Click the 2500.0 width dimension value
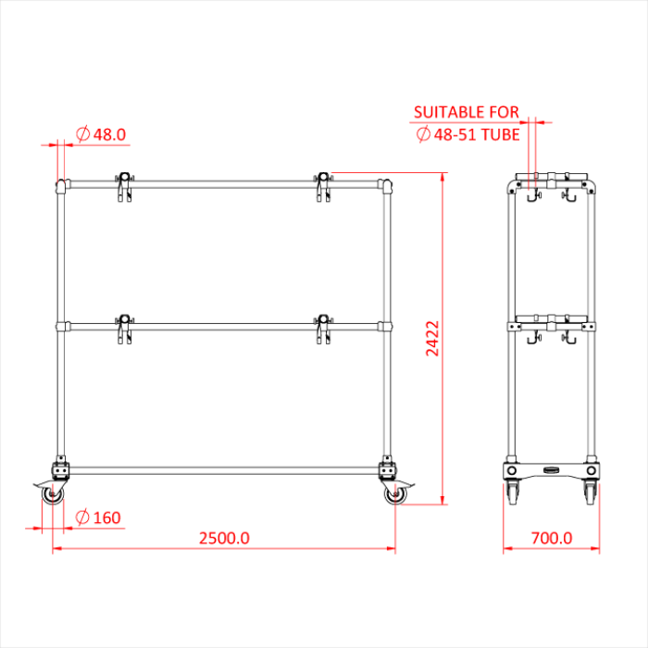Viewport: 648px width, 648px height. (224, 538)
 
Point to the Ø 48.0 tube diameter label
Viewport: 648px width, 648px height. (101, 134)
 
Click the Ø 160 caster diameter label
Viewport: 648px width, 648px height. (98, 517)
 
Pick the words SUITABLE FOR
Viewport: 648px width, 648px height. (467, 112)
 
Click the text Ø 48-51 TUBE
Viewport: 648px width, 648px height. (467, 134)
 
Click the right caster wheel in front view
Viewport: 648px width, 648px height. (395, 495)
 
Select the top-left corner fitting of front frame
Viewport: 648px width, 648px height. (63, 185)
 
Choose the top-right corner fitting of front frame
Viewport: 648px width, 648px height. (386, 185)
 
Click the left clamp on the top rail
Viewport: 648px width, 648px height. (123, 185)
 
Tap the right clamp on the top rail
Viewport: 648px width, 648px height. (323, 184)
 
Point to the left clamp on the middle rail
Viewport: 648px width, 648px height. (123, 328)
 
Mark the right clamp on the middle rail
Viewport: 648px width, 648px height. (323, 328)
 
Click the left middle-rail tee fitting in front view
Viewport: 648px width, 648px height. (63, 327)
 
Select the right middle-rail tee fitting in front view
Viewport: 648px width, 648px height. (386, 327)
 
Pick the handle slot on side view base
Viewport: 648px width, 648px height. (551, 470)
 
